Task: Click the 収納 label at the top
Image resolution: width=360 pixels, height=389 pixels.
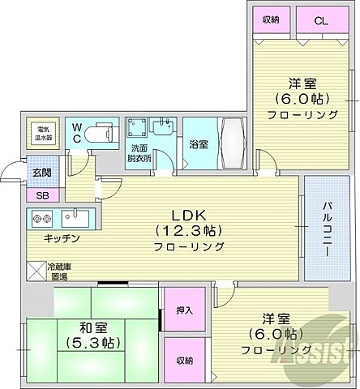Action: (x=270, y=19)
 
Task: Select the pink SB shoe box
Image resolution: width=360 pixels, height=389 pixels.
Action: (x=41, y=194)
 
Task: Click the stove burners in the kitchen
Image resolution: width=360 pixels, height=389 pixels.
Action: (x=42, y=218)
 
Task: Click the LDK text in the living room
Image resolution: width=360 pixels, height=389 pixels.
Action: (x=191, y=215)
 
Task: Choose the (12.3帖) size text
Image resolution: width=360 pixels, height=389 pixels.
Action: (x=192, y=229)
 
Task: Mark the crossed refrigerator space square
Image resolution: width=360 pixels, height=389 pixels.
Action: (x=36, y=271)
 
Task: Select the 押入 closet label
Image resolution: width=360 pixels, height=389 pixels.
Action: (x=185, y=310)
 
